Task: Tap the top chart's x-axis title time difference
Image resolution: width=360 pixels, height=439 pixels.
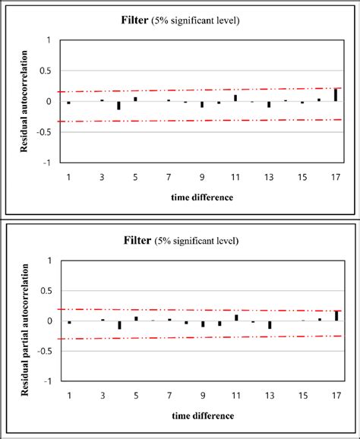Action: coord(202,197)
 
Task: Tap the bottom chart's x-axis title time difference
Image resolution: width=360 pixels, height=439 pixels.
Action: coord(202,415)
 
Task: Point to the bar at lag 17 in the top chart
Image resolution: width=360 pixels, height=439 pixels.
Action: coord(336,95)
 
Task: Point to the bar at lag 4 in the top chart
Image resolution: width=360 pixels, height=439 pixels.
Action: coord(119,105)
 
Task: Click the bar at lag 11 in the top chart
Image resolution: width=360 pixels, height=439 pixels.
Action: coord(235,98)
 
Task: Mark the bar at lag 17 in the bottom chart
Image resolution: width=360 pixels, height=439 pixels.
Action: coord(336,315)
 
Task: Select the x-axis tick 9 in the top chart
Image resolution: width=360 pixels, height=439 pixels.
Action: coord(203,177)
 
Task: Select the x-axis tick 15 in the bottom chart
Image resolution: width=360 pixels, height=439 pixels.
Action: coord(302,396)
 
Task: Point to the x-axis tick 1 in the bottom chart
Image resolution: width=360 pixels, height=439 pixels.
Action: coord(68,396)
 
